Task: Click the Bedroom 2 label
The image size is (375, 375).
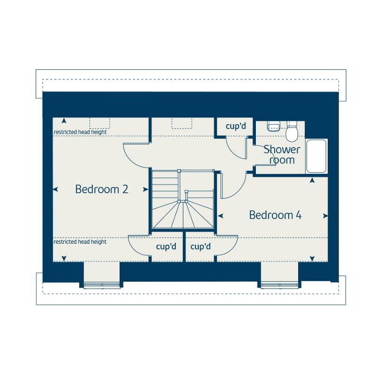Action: tap(102, 189)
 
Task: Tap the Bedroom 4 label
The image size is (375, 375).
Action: tap(275, 215)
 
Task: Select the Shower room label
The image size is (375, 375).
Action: tap(282, 155)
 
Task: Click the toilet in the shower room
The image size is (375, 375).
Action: tap(292, 132)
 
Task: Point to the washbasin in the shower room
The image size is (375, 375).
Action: tap(274, 126)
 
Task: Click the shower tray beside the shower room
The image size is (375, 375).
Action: tap(316, 156)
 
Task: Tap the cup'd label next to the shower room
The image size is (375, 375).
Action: tap(236, 126)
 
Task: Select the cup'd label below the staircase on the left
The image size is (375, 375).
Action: tap(166, 247)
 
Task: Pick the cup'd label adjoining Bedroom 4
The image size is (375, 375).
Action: tap(200, 247)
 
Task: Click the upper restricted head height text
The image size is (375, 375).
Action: tap(80, 132)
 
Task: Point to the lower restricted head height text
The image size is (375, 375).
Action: tap(80, 242)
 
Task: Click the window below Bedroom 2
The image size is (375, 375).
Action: tap(102, 284)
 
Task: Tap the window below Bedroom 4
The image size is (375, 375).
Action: tap(279, 284)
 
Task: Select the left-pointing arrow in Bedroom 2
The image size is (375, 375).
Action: tap(55, 189)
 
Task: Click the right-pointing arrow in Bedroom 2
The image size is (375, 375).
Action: tap(145, 189)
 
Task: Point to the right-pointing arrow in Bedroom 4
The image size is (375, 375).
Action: tap(325, 216)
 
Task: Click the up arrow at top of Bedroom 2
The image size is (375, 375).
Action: tap(64, 121)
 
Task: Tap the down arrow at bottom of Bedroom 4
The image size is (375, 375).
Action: tap(312, 259)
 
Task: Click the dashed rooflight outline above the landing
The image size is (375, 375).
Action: tap(182, 123)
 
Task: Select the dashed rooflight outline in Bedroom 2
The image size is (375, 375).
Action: tap(100, 123)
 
